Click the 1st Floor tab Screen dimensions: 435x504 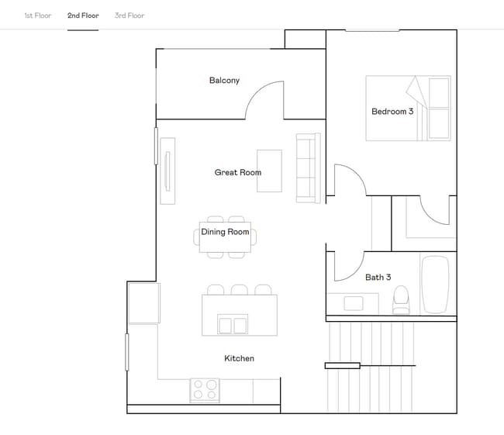[37, 16]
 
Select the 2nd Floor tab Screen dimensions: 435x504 [83, 16]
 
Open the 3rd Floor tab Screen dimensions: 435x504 [129, 16]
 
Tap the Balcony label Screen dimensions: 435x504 [224, 81]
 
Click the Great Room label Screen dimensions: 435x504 [237, 172]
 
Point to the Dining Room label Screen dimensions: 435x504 [225, 232]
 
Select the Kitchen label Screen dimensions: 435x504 [239, 358]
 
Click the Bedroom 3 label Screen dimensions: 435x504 [392, 112]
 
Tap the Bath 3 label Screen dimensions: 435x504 [378, 277]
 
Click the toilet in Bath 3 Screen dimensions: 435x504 [401, 300]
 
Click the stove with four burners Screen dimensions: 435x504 [205, 390]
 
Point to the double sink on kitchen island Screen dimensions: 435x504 [233, 324]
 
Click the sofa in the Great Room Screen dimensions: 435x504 [308, 167]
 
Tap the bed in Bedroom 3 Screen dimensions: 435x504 [408, 108]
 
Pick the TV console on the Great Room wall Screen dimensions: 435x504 [167, 171]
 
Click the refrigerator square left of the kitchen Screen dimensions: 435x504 [143, 302]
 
